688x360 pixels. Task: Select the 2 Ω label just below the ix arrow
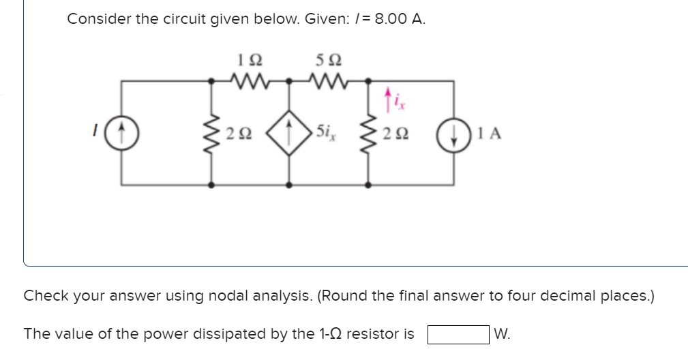point(395,134)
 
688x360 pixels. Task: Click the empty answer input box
point(458,335)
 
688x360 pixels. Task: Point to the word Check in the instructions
point(44,297)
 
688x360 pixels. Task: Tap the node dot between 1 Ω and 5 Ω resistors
point(290,80)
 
